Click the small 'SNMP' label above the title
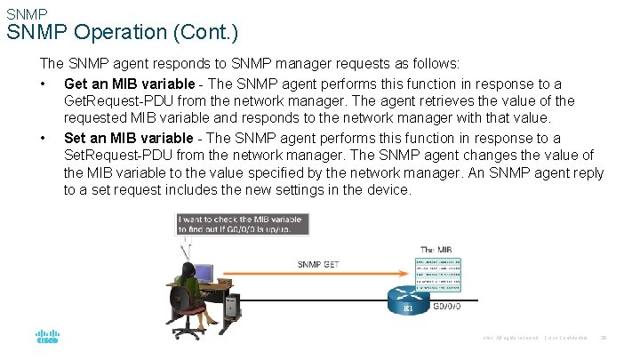(26, 14)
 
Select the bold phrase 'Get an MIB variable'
(128, 84)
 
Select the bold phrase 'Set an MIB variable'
(128, 138)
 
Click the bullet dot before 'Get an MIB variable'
(43, 84)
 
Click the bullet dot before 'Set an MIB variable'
(43, 138)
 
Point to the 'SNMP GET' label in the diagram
(318, 264)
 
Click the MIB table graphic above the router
(438, 275)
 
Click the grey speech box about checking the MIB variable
(243, 223)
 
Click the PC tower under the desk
(232, 308)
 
